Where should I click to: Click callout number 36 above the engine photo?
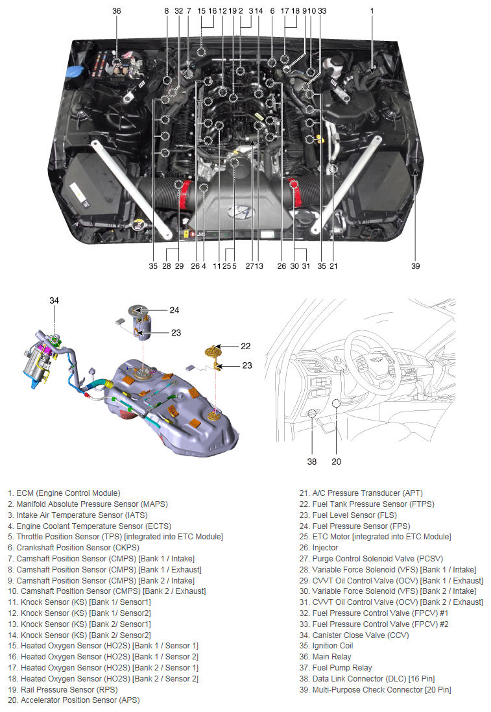[x=117, y=11]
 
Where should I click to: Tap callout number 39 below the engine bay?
[x=415, y=265]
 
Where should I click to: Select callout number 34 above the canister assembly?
[x=54, y=300]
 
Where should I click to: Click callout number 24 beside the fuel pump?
[x=174, y=310]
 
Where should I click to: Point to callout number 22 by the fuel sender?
[x=245, y=346]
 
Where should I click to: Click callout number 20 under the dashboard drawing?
[x=336, y=462]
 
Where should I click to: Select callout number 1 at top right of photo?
[x=372, y=11]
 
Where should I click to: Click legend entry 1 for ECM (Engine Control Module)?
[x=64, y=493]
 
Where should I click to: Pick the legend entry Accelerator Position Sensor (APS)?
[x=74, y=700]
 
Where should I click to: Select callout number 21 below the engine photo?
[x=333, y=265]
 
